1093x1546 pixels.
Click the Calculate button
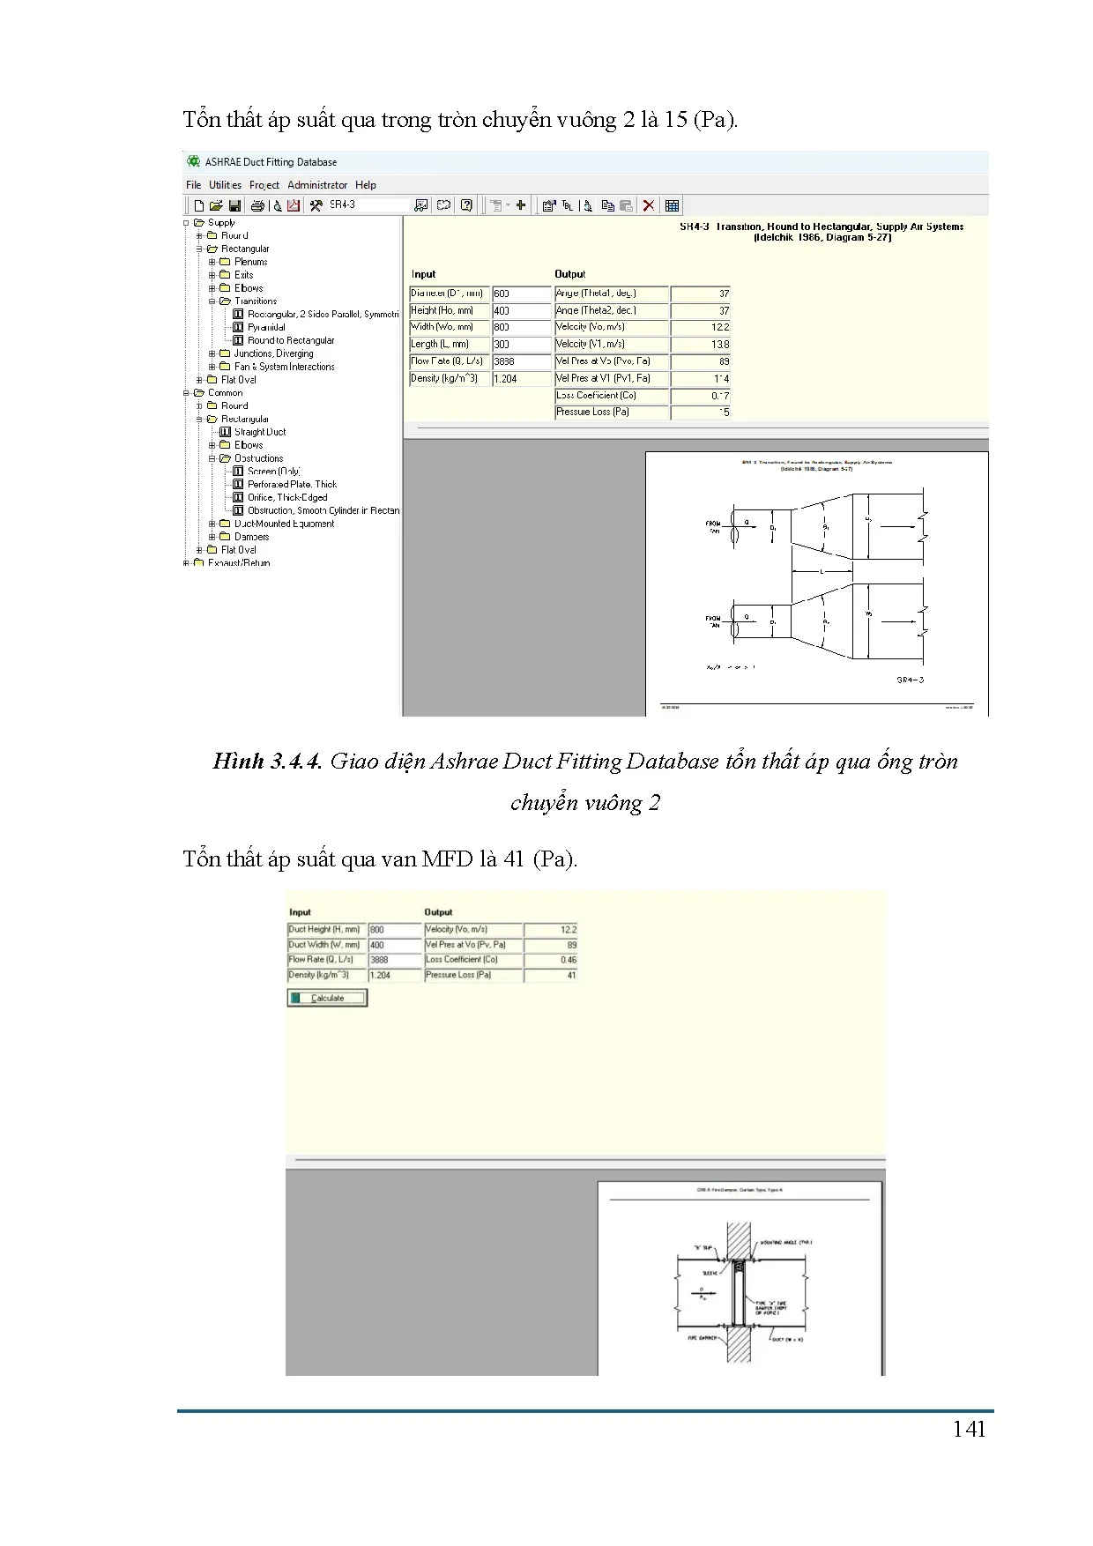[x=327, y=998]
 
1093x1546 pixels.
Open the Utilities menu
[x=225, y=185]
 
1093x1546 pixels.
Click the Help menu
[x=366, y=185]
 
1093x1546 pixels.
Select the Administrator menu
[x=317, y=185]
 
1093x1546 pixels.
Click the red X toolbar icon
[x=649, y=205]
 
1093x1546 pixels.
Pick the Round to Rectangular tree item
[x=291, y=340]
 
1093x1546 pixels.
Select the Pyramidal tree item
[x=266, y=327]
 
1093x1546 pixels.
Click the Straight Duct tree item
[x=260, y=432]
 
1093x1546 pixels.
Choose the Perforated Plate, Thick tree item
[x=292, y=484]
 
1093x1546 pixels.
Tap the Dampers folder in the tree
[x=251, y=537]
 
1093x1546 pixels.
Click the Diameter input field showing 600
[x=521, y=294]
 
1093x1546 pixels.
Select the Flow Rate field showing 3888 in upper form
[x=521, y=361]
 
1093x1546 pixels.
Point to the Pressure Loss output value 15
[x=701, y=412]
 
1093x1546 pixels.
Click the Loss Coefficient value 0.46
[x=551, y=960]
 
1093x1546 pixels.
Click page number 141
[x=969, y=1430]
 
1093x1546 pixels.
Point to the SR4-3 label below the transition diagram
[x=911, y=680]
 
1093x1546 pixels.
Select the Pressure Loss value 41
[x=551, y=975]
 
